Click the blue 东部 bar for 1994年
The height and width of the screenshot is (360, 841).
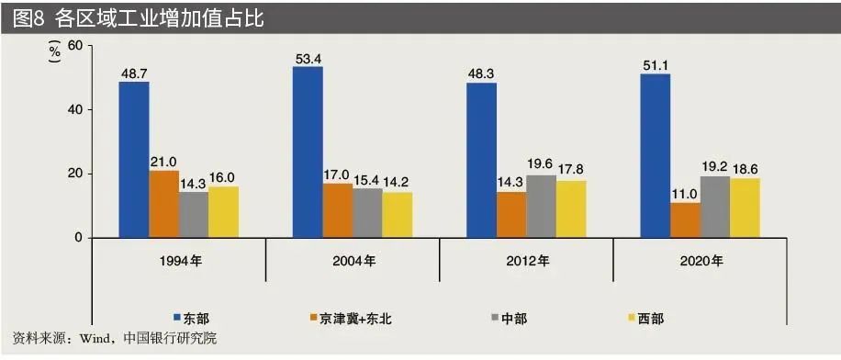click(133, 160)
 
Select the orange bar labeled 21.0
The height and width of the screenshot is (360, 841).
click(163, 204)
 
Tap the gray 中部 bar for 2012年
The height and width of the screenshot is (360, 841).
click(541, 206)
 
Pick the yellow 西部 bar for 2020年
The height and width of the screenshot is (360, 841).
click(745, 208)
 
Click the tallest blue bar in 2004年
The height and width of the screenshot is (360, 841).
click(308, 152)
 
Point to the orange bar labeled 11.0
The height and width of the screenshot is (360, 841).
click(685, 219)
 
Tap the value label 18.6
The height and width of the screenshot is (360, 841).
click(745, 168)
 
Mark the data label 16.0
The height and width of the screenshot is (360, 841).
click(223, 177)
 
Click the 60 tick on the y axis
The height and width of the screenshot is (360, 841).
click(74, 46)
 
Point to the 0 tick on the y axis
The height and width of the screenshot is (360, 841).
click(78, 238)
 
